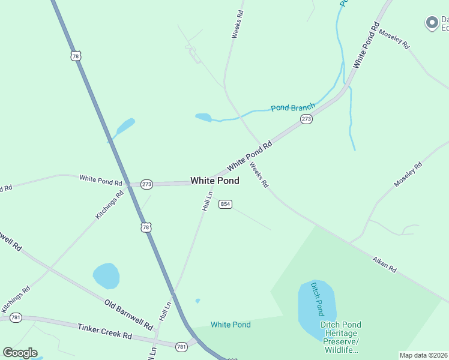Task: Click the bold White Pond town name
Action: tap(215, 181)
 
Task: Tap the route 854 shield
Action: tap(225, 204)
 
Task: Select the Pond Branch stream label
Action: tap(292, 108)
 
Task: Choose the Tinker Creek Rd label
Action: tap(104, 331)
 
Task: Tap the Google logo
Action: tap(20, 353)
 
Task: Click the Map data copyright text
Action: tap(423, 355)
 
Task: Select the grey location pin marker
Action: tap(431, 23)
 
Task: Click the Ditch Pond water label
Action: tap(316, 299)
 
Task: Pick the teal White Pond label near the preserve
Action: tap(231, 325)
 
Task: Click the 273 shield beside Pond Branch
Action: tap(306, 119)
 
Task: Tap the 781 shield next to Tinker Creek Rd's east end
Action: tap(181, 347)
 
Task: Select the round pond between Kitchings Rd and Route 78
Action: tap(106, 276)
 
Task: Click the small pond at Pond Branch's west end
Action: tap(203, 117)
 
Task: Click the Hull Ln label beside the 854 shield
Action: tap(208, 201)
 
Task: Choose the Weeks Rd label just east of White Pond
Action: tap(259, 175)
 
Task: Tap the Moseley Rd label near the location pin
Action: tap(394, 37)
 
